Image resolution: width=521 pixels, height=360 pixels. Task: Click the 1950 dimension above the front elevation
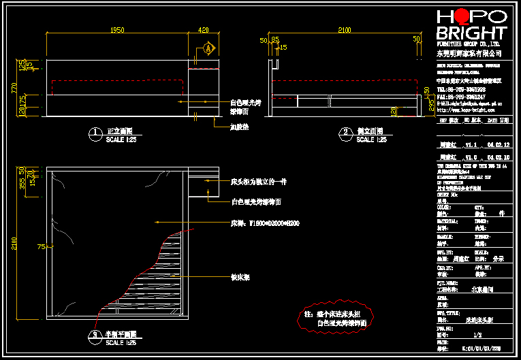[116, 30]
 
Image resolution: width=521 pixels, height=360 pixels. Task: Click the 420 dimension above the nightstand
[204, 30]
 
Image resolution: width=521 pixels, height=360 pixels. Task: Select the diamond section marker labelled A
[208, 49]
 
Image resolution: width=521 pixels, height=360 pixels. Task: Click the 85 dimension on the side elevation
[275, 39]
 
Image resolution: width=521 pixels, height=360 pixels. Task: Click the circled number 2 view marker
[345, 133]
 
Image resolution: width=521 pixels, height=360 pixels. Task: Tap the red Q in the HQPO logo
[463, 16]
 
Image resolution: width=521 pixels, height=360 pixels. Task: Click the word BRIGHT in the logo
[471, 33]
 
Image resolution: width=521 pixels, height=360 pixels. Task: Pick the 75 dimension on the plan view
[41, 246]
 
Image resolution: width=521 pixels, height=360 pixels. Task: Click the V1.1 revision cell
[471, 145]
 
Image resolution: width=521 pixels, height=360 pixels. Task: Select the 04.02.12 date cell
[497, 145]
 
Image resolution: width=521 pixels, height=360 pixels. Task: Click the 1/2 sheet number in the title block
[477, 335]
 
